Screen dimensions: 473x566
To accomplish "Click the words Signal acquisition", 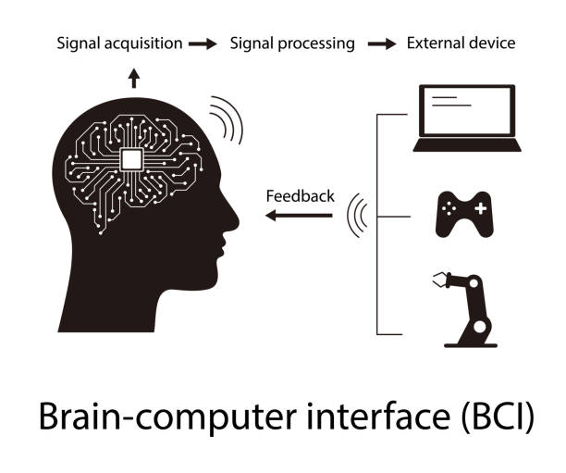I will click(x=118, y=44).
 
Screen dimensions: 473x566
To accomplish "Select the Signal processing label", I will click(x=292, y=44).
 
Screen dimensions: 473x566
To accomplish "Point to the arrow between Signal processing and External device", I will click(x=381, y=44).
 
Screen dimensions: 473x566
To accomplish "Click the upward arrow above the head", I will click(x=134, y=77).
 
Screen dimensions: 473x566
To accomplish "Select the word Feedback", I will click(x=300, y=195).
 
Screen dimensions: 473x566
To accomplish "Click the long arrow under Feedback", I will click(x=298, y=216).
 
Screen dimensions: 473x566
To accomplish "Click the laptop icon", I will click(x=467, y=118).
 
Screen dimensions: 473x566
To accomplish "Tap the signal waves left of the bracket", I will click(x=357, y=216).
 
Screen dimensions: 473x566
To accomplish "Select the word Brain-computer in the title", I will click(x=160, y=417).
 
